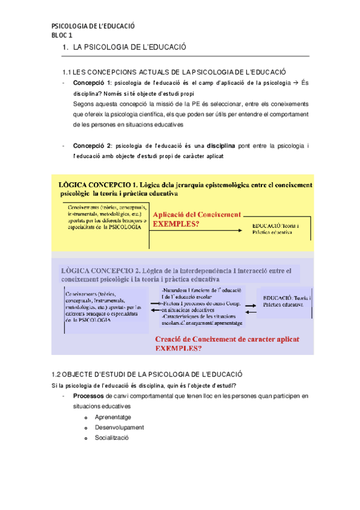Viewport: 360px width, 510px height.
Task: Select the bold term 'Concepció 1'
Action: pyautogui.click(x=92, y=82)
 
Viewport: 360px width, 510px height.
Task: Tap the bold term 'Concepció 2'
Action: pyautogui.click(x=92, y=146)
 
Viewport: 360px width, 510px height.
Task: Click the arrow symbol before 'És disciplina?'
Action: pyautogui.click(x=294, y=82)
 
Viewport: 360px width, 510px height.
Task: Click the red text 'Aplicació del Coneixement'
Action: pyautogui.click(x=197, y=214)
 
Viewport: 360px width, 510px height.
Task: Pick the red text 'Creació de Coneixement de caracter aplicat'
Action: pyautogui.click(x=226, y=339)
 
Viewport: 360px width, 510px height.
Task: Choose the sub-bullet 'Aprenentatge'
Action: pyautogui.click(x=113, y=417)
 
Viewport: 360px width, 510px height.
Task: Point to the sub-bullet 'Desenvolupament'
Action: pyautogui.click(x=119, y=428)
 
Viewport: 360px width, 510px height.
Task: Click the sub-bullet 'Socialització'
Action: pyautogui.click(x=112, y=438)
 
